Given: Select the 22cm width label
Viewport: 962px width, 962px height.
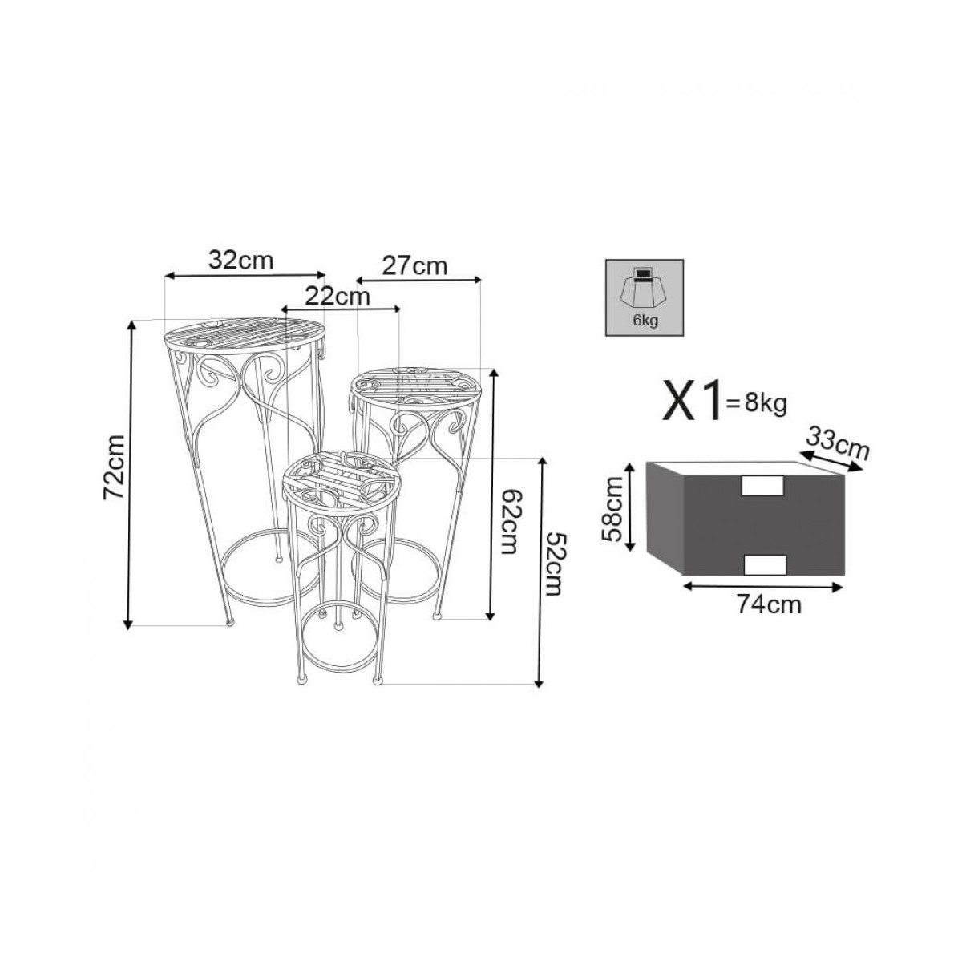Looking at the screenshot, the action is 338,297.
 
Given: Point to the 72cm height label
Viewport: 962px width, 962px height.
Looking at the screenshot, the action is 114,467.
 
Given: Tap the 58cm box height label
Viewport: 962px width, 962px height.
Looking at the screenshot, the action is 613,509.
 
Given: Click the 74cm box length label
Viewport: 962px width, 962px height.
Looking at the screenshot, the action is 770,605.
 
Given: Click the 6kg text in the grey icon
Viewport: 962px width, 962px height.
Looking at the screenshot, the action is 645,321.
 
